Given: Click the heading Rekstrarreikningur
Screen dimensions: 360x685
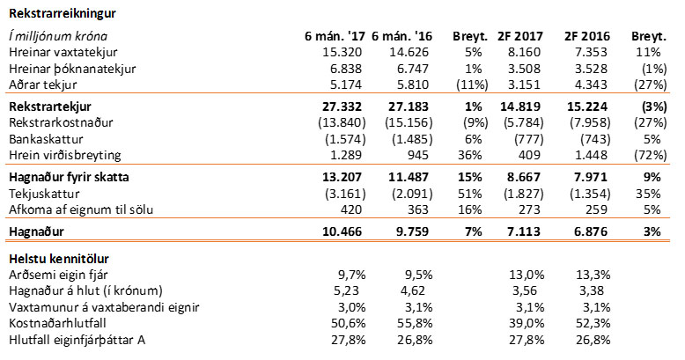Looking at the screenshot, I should point(63,13).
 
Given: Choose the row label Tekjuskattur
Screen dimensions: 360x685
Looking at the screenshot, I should point(41,192).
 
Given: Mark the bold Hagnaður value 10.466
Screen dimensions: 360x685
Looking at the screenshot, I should point(340,232).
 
